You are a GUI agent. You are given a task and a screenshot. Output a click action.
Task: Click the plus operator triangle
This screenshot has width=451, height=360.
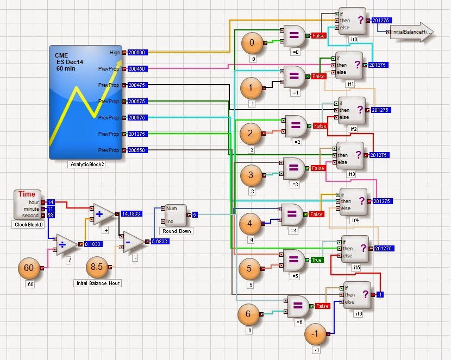coord(103,214)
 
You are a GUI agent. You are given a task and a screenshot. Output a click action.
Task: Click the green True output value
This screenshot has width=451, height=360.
coord(317,260)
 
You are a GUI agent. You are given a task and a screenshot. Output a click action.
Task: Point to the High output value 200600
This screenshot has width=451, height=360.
coord(136,52)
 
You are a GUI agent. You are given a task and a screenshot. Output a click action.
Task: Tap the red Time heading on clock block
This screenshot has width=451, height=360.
coord(27,194)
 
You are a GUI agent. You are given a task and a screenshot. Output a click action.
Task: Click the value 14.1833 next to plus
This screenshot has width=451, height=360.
coord(131,214)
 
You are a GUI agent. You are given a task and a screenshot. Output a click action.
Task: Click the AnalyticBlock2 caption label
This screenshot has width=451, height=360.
coord(87,164)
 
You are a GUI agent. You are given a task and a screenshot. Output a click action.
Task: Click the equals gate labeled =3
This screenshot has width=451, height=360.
coord(296,169)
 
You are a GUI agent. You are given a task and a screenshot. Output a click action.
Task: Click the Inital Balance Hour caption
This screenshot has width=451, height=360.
coord(97,283)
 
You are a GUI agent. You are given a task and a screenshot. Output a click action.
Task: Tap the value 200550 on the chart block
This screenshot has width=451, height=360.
coord(136,150)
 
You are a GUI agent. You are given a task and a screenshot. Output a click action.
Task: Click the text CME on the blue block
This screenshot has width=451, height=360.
coord(61,55)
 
